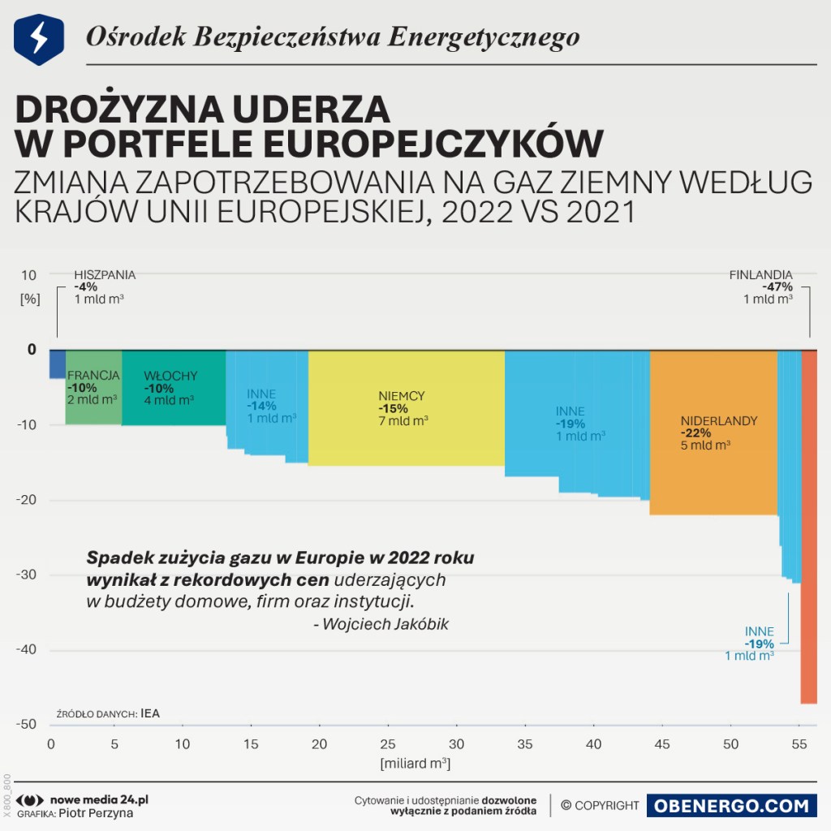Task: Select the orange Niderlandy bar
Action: [713, 471]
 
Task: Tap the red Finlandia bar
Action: [809, 527]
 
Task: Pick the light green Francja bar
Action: [93, 406]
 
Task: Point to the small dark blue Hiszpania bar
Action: [57, 364]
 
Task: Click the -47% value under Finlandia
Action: [777, 286]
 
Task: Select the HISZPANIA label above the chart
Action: [105, 275]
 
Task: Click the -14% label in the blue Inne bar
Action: [262, 406]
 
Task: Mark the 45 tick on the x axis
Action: [663, 744]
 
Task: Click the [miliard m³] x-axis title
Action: [415, 764]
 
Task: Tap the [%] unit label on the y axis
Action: [30, 298]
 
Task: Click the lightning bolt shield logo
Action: [39, 39]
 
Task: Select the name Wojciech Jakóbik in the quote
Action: [385, 624]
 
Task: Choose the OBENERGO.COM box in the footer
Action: [731, 806]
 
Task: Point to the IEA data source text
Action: [150, 714]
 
